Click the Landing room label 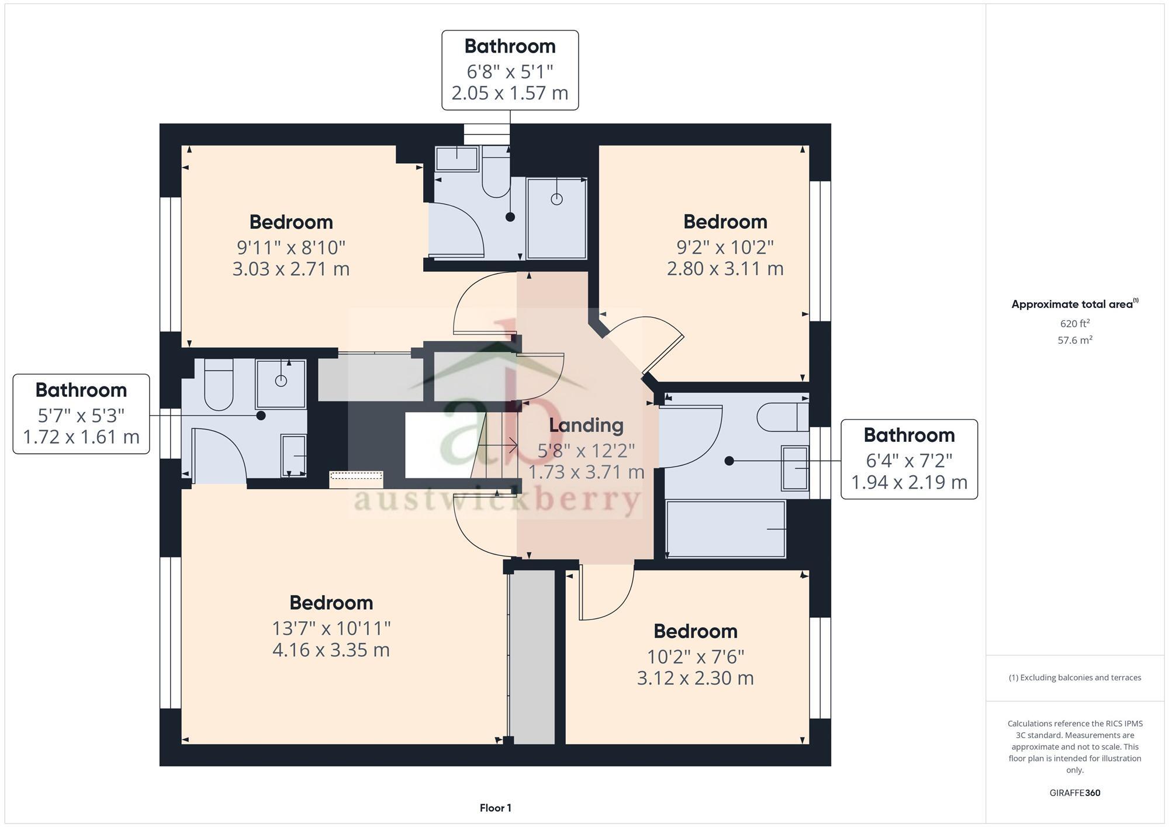click(586, 425)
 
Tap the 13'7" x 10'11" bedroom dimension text click(331, 628)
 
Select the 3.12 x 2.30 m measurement click(695, 678)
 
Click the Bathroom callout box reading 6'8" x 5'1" click(510, 70)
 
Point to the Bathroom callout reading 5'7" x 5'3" click(81, 414)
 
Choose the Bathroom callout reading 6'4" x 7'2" click(909, 459)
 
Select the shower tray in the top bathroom click(556, 218)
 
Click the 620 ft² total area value click(1074, 323)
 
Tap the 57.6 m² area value click(1074, 340)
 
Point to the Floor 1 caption click(495, 808)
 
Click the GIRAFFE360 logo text click(1074, 793)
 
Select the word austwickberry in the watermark click(497, 500)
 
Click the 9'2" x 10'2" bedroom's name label click(725, 222)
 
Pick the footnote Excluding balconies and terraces click(1074, 678)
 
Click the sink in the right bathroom click(795, 468)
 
